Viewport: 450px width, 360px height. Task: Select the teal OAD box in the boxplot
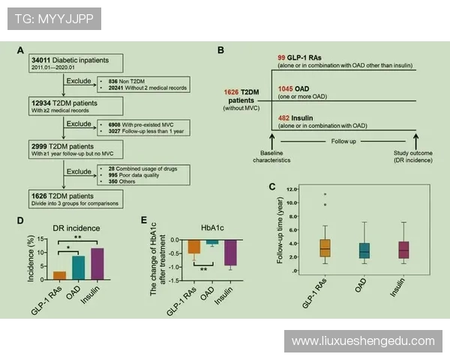(364, 250)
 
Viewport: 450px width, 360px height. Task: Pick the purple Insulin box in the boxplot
(404, 249)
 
